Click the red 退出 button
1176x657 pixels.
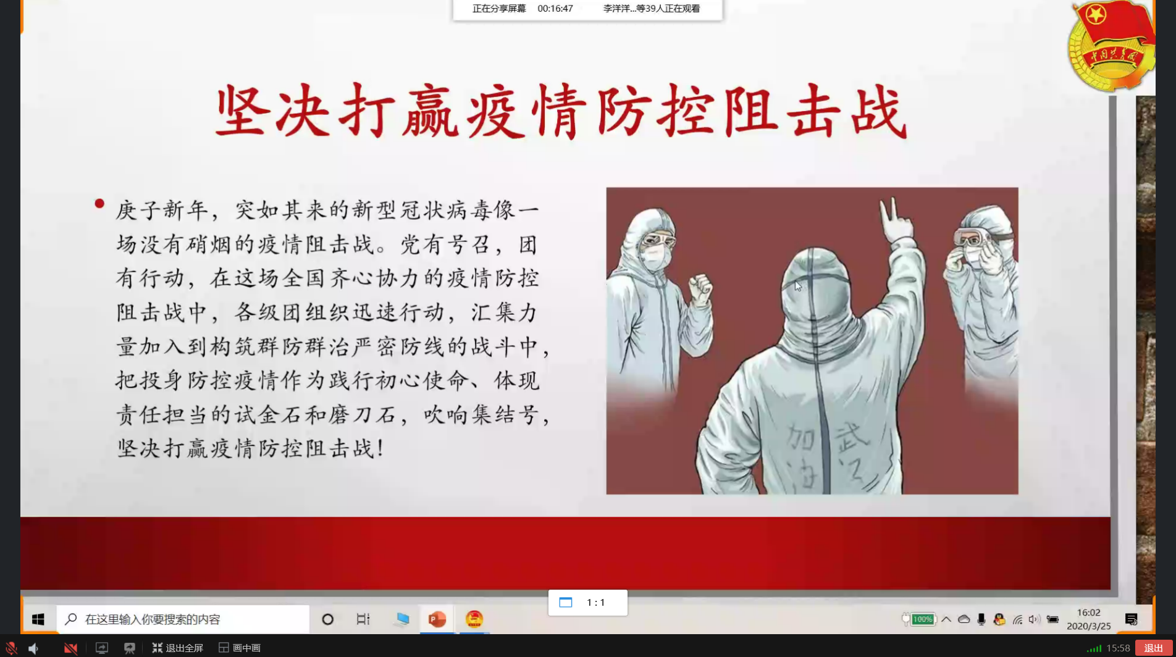pos(1153,648)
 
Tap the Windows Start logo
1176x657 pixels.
pos(38,619)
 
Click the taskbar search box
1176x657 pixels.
pos(183,619)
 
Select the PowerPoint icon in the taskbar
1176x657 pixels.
pos(437,619)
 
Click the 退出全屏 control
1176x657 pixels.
pos(177,648)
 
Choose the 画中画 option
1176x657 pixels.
pos(240,648)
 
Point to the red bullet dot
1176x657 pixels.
pos(99,203)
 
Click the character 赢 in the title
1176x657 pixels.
pos(430,111)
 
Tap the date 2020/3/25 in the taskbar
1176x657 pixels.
pos(1088,626)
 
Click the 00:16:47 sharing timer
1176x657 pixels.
pos(555,9)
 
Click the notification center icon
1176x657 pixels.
pos(1132,619)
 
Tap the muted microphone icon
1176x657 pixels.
pos(10,648)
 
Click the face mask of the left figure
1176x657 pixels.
pos(655,257)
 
